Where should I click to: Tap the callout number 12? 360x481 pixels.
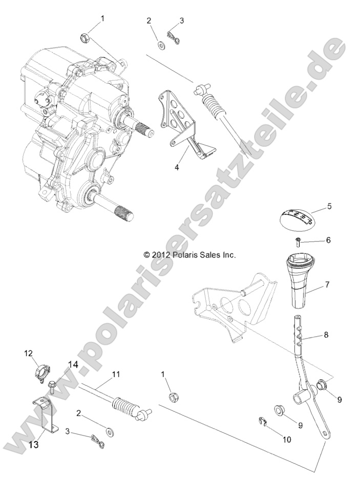coord(28,353)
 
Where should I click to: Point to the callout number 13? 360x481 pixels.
coord(33,445)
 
